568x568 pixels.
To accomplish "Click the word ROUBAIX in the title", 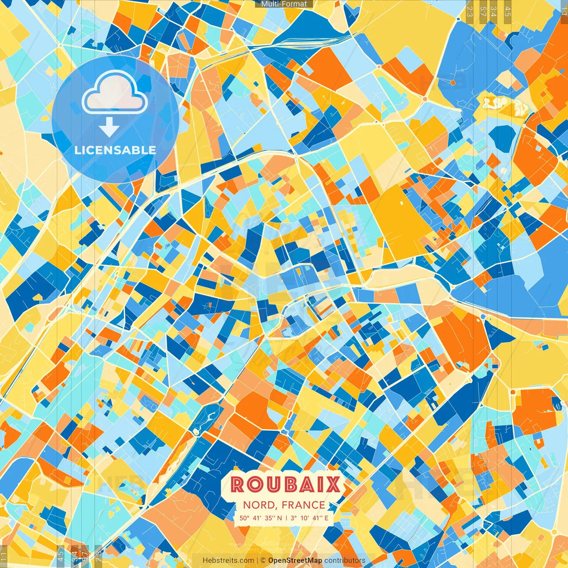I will (x=285, y=485).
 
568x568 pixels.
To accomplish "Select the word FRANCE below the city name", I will (x=303, y=505).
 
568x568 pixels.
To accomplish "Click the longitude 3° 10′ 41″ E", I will (x=309, y=518).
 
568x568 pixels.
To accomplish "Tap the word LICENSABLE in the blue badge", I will (x=115, y=150).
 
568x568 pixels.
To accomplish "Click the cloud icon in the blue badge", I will (x=114, y=92).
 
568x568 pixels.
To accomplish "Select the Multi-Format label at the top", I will (x=284, y=4).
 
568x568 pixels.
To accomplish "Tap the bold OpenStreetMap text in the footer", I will (x=295, y=560).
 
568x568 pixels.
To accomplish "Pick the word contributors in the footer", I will (x=345, y=560).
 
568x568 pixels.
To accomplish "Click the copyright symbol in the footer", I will (x=263, y=560).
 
